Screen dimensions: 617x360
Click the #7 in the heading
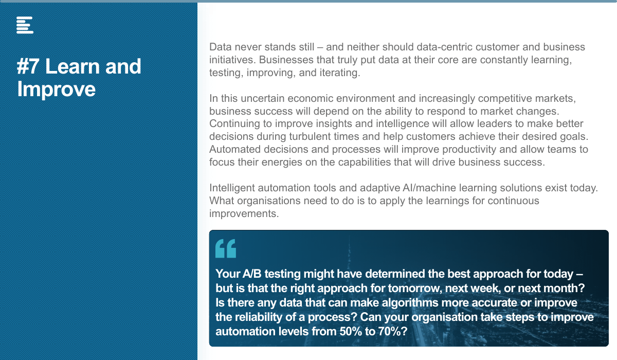pos(28,66)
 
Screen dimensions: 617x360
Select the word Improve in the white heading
pos(56,89)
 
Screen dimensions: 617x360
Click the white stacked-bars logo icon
pos(25,25)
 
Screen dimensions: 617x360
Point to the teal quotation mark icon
pos(226,248)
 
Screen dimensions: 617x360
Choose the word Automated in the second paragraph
pos(235,149)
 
